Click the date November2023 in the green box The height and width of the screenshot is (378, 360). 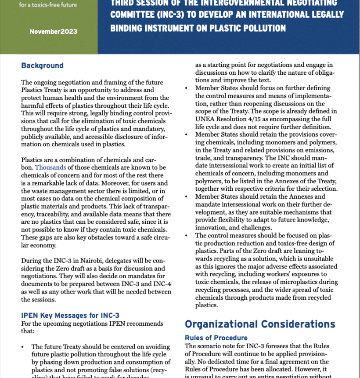coord(54,32)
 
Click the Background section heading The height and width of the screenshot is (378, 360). coord(42,65)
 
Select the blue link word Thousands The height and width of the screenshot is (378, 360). coord(50,167)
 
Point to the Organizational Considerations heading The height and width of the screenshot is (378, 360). coord(260,324)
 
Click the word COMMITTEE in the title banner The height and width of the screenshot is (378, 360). coord(130,14)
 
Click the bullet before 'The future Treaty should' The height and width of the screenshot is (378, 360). coord(23,347)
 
